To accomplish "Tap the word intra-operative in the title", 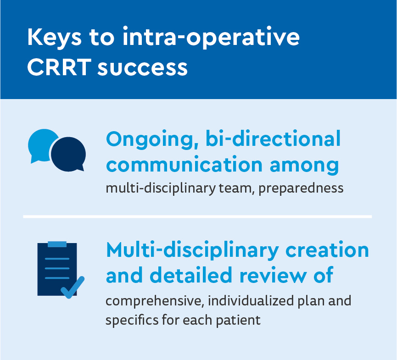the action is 211,38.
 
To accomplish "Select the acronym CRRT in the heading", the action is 59,67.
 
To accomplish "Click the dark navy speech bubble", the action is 68,155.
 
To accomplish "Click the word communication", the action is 185,165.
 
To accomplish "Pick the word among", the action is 304,166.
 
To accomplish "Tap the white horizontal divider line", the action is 197,216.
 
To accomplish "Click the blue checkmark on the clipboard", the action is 73,288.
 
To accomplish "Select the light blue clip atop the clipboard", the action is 57,244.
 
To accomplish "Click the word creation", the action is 327,250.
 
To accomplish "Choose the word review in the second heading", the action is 273,275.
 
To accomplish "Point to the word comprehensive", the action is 155,301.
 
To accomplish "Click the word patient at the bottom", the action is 238,321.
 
